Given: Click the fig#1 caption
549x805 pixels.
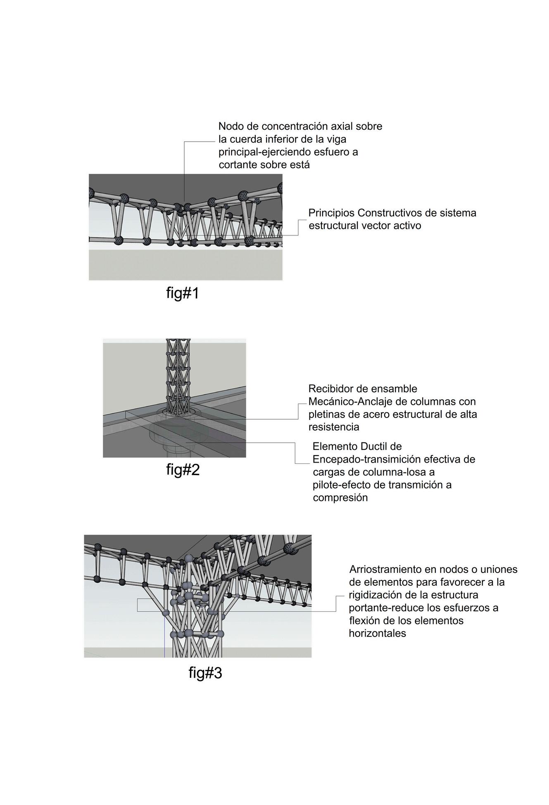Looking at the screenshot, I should (183, 293).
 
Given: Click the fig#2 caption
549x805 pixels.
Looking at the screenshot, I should (183, 470).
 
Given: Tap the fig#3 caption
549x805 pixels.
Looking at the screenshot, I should (205, 673).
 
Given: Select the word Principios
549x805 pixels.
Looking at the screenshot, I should (331, 213).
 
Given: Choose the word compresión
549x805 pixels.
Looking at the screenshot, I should (340, 498).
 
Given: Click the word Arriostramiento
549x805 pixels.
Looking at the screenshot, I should (386, 569).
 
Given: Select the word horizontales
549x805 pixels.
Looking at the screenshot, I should (377, 633).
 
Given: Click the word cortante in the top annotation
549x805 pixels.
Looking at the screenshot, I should (238, 165).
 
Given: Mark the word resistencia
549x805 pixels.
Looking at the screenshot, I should (334, 427).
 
